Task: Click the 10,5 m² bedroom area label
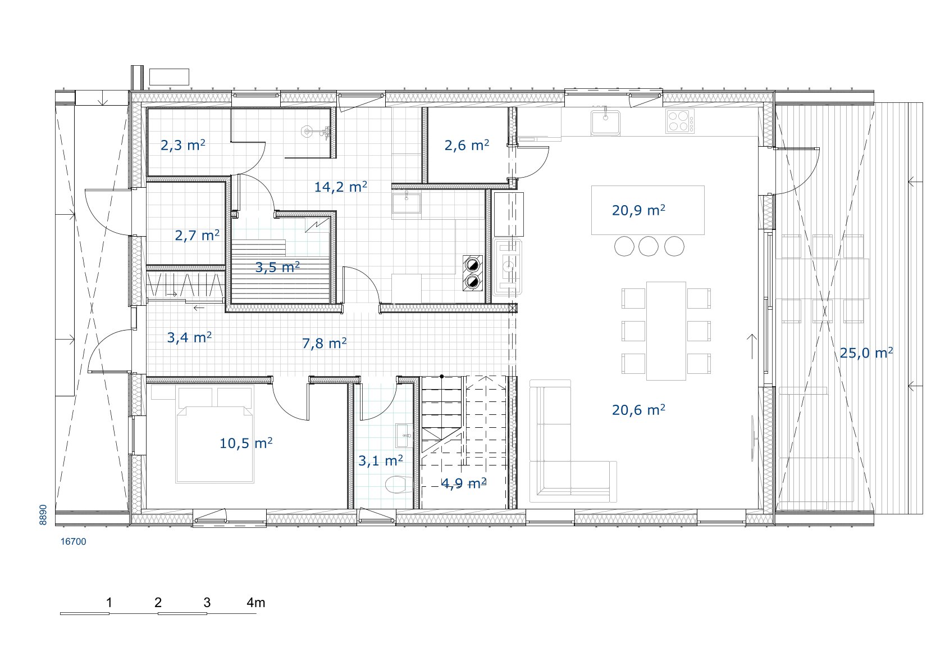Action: (246, 443)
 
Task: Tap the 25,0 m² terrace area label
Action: (866, 352)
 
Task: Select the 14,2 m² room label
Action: (340, 186)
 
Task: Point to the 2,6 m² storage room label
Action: (467, 145)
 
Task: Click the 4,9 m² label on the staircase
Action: (464, 483)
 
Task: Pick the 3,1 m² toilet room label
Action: (381, 460)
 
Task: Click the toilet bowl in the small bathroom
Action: (399, 484)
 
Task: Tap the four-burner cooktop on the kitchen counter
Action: (680, 121)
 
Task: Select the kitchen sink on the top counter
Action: (605, 123)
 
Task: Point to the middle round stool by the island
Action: (649, 246)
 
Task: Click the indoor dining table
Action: (666, 331)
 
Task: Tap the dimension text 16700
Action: (74, 542)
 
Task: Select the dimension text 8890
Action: (43, 514)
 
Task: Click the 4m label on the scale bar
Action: (256, 603)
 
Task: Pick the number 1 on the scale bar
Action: (109, 603)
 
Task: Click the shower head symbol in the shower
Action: (307, 132)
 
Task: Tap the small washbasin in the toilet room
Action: (404, 436)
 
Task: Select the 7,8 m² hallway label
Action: (325, 343)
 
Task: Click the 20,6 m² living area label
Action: (639, 410)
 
